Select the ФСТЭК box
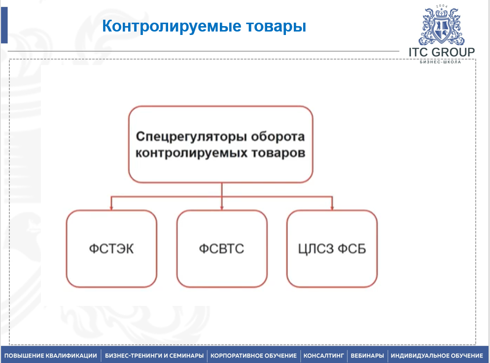click(111, 248)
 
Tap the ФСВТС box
click(222, 248)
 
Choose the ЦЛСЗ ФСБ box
click(332, 248)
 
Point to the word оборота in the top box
click(278, 137)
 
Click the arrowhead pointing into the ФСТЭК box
click(111, 208)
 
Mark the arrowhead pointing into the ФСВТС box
click(222, 208)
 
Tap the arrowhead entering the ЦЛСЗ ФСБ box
click(332, 208)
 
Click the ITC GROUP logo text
click(442, 52)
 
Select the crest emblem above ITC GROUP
click(441, 26)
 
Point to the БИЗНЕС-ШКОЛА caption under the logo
click(440, 62)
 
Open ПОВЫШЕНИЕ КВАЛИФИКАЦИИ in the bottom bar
click(51, 356)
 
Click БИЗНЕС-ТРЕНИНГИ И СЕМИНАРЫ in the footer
click(154, 356)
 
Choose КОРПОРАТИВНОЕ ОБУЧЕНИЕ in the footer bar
click(253, 356)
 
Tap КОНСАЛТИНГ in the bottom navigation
click(324, 356)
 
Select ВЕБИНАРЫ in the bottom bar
click(367, 356)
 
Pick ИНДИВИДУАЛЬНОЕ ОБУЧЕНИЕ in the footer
click(437, 356)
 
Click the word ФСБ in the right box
click(352, 249)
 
